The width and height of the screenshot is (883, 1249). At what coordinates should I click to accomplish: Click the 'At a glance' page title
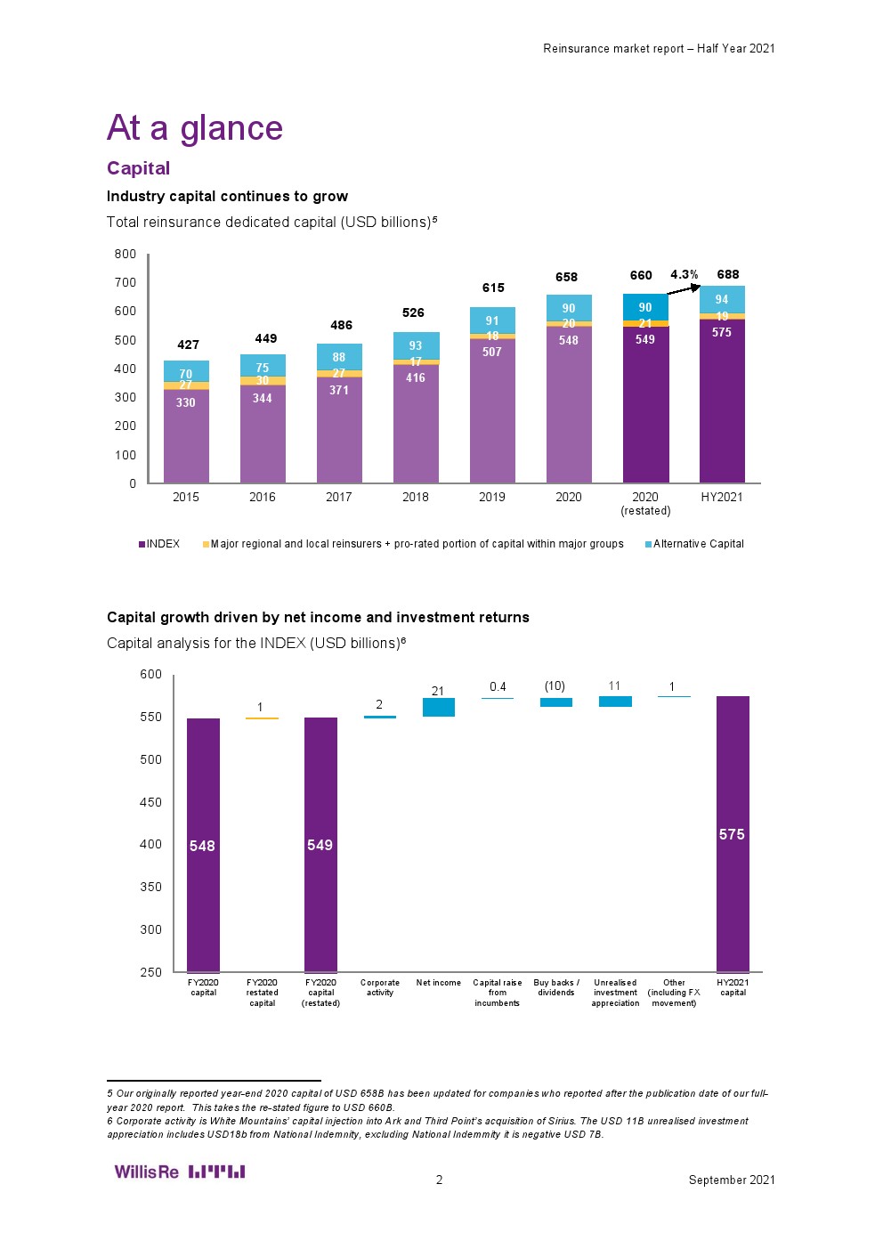click(x=194, y=128)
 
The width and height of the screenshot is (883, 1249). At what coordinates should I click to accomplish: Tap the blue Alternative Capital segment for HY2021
click(x=722, y=299)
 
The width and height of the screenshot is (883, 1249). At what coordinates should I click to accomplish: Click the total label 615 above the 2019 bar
click(x=493, y=288)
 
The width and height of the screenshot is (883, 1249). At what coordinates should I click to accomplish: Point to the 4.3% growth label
click(x=684, y=274)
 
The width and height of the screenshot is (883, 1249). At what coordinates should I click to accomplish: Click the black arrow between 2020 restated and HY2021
click(x=683, y=288)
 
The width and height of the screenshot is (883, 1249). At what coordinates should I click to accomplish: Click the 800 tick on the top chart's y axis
click(x=126, y=254)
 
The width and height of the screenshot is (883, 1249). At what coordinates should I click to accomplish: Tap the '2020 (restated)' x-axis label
click(x=645, y=504)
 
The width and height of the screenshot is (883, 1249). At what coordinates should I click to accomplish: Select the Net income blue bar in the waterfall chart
click(x=438, y=707)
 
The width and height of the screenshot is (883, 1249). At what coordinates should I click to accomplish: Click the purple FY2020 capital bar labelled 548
click(x=203, y=845)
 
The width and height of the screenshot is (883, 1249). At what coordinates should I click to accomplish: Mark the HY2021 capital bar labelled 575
click(x=733, y=834)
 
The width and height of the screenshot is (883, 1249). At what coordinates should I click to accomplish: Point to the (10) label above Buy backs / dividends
click(x=555, y=686)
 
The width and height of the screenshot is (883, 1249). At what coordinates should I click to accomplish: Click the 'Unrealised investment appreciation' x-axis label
click(x=615, y=993)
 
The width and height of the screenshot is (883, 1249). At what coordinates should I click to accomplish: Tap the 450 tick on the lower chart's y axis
click(x=150, y=802)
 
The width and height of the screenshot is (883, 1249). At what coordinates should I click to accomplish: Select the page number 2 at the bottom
click(x=439, y=1180)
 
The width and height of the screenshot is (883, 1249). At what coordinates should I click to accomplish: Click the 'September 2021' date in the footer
click(x=731, y=1180)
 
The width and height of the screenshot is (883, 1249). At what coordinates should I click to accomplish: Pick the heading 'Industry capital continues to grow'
click(x=227, y=196)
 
